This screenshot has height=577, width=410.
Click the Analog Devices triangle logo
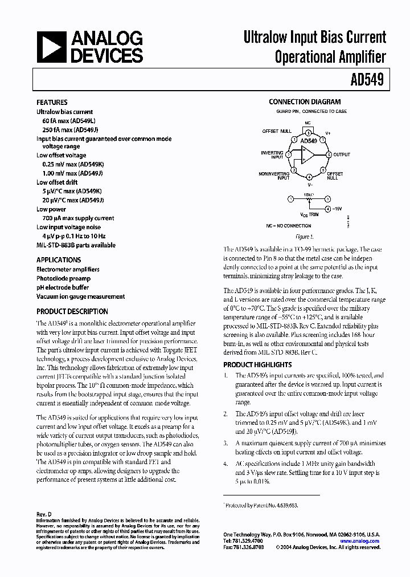(x=52, y=47)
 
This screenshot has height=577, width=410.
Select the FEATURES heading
(x=52, y=103)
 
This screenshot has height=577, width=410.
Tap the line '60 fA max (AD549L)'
(x=69, y=121)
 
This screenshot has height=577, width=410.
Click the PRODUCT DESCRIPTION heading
(x=72, y=311)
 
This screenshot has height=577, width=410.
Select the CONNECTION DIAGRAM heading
(x=305, y=102)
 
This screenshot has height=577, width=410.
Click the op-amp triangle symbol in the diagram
(x=307, y=154)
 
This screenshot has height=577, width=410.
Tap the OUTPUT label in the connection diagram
(x=342, y=155)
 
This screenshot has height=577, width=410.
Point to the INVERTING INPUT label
(x=272, y=155)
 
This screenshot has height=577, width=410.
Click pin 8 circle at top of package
(x=307, y=129)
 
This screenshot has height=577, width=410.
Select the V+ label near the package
(x=328, y=132)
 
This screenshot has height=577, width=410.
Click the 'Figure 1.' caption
(x=304, y=237)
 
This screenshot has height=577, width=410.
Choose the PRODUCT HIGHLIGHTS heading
(x=257, y=364)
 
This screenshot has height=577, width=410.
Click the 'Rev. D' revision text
(x=44, y=514)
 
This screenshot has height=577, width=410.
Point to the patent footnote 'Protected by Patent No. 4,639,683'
(x=261, y=505)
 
